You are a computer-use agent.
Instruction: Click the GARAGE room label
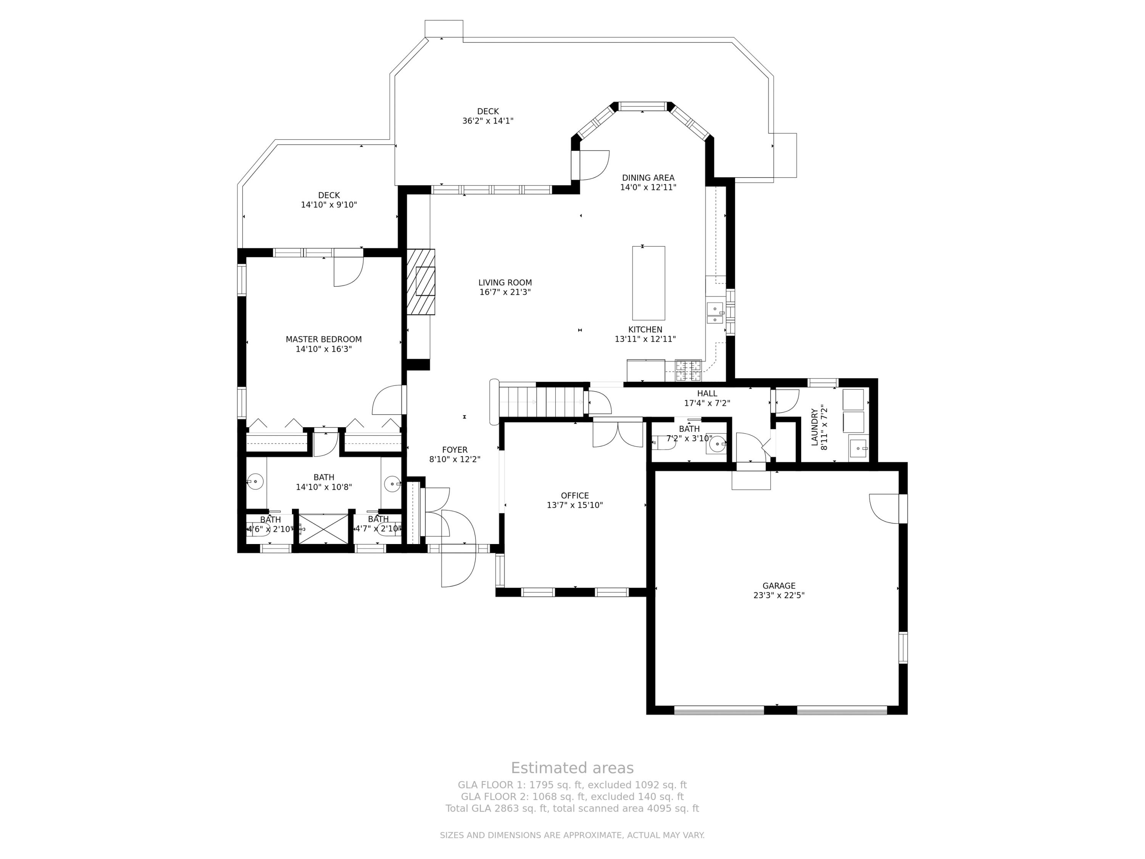[x=779, y=586]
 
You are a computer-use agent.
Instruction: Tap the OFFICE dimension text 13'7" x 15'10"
[x=574, y=505]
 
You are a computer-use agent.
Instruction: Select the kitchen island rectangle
[x=648, y=283]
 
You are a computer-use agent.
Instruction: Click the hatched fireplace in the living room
[x=420, y=282]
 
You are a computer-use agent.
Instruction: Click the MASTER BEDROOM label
[x=324, y=339]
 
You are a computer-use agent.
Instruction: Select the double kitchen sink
[x=715, y=313]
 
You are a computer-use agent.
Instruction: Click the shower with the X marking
[x=324, y=529]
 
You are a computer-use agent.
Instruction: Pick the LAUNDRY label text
[x=814, y=427]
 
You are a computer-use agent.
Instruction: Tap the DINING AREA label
[x=648, y=178]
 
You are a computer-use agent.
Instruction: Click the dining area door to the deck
[x=593, y=165]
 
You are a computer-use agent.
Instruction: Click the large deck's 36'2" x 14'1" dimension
[x=488, y=121]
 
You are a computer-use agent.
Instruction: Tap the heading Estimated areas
[x=572, y=767]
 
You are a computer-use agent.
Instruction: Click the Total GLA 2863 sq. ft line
[x=572, y=808]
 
